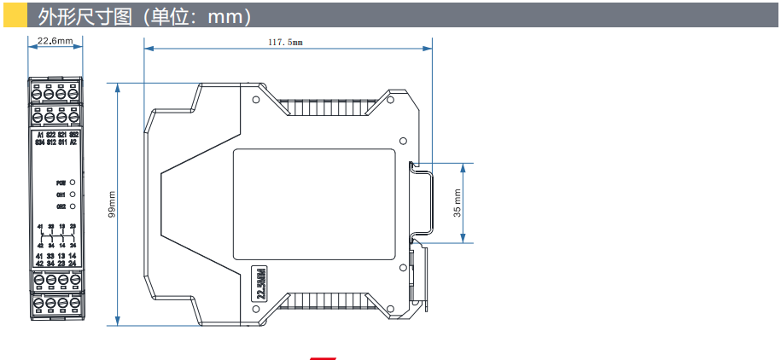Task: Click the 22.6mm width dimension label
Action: click(55, 40)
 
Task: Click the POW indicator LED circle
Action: click(73, 183)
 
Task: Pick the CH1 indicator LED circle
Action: click(73, 195)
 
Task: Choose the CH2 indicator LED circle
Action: click(73, 206)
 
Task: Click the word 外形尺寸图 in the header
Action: click(77, 15)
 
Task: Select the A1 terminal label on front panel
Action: click(39, 136)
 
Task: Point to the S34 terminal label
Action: click(39, 142)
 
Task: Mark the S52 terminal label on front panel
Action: click(74, 136)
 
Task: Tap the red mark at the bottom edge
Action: click(322, 357)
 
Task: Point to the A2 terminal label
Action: click(74, 142)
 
